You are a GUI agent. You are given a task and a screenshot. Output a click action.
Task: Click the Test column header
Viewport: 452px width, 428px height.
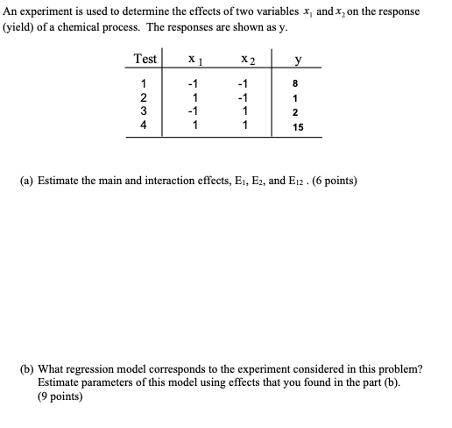point(145,59)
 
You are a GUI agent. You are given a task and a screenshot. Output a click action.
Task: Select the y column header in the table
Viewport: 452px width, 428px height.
point(298,60)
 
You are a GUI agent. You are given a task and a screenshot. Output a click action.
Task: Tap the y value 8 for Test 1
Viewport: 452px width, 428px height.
point(298,83)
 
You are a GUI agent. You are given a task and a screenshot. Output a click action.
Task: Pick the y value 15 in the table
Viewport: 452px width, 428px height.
point(298,127)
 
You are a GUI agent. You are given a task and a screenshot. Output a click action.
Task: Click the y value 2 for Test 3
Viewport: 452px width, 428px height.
point(298,112)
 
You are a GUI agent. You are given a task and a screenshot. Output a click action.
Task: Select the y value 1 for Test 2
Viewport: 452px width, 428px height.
point(298,97)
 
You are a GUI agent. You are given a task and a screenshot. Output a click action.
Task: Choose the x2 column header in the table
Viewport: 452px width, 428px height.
point(246,60)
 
